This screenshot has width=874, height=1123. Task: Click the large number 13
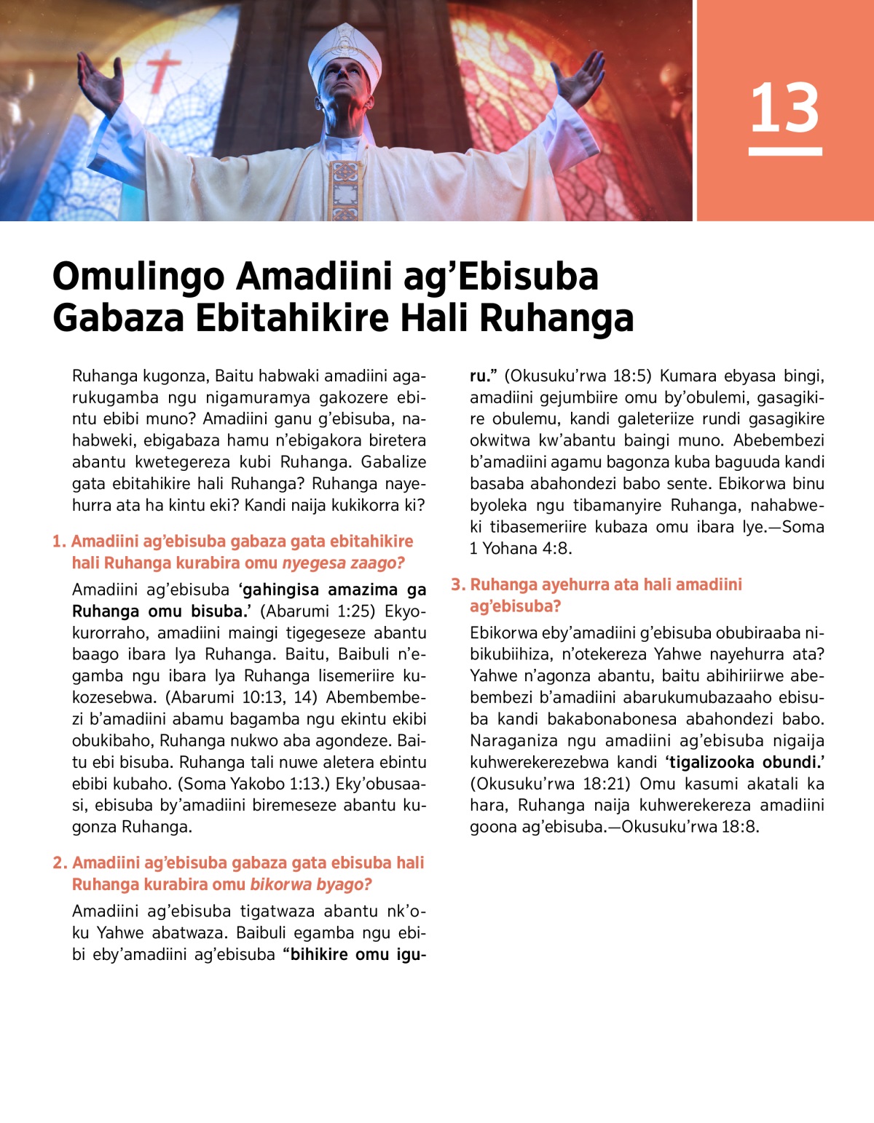pos(784,108)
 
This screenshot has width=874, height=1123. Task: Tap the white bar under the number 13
pos(784,151)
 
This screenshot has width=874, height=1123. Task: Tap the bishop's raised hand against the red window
pos(579,80)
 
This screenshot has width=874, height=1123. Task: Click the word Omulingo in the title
pos(138,277)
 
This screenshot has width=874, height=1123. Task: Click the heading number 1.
pos(58,541)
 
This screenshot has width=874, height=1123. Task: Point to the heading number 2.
pos(60,863)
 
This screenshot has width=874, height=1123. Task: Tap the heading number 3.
pos(457,584)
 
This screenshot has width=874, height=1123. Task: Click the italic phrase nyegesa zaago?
pos(343,563)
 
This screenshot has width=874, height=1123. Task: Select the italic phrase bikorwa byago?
pos(311,885)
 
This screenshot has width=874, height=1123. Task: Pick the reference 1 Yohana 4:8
pos(521,549)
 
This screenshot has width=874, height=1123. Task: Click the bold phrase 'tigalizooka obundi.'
pos(744,763)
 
